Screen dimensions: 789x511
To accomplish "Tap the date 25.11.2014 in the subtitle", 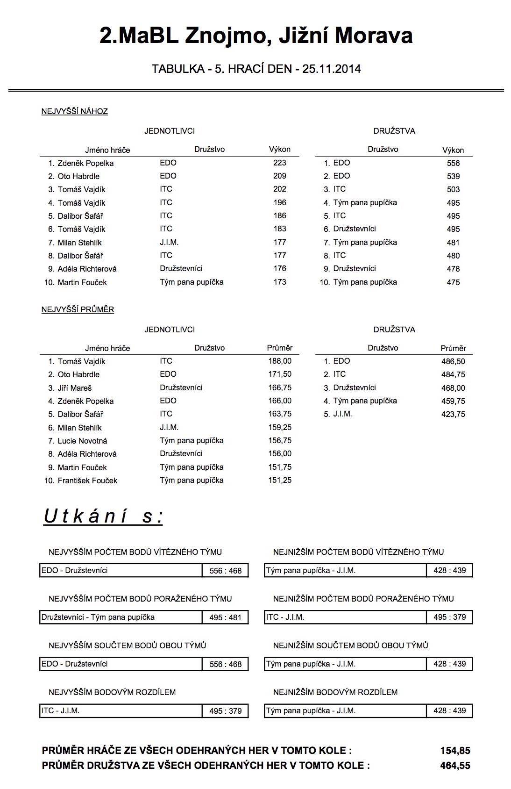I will coord(331,69).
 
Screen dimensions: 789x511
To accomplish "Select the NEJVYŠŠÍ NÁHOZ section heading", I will coord(75,111).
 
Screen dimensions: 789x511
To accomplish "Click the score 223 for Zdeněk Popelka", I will coord(280,163).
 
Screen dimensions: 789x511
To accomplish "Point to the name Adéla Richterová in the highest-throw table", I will coord(87,269).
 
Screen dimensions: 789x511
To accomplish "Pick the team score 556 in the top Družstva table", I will coord(453,163).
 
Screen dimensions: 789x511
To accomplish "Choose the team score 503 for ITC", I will coord(453,189).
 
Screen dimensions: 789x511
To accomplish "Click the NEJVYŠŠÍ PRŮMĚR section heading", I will coord(78,309).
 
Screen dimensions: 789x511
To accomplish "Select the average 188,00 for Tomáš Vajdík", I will coord(280,361).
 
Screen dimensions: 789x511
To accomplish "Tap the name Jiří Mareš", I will coord(75,388).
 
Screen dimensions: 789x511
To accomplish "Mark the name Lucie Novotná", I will coord(82,441).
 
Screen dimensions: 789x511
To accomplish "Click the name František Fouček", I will coord(87,481).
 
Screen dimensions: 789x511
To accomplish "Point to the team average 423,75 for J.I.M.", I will coord(453,414).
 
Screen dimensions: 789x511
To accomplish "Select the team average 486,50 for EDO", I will coord(453,361).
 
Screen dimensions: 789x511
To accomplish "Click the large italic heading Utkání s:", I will coord(103,516).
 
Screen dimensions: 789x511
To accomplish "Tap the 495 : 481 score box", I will coord(225,617).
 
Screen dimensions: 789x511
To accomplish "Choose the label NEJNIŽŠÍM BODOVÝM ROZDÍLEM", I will coord(335,692).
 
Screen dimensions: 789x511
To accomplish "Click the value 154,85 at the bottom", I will coord(455,751).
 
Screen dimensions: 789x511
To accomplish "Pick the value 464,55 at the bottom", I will coord(455,766).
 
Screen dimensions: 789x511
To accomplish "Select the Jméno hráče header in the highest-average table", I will coord(107,348).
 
